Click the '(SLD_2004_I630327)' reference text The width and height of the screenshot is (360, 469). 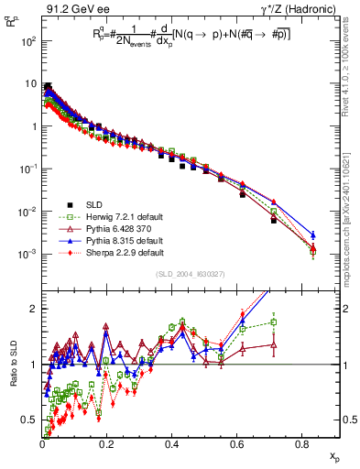[194, 274]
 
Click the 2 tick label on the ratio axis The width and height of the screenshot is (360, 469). [35, 309]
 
